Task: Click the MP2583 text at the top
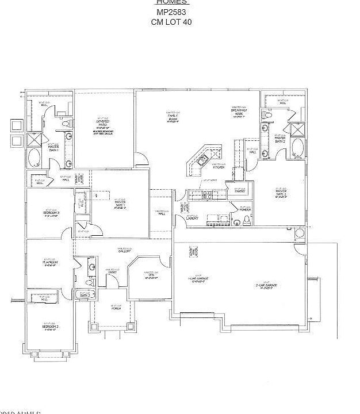(171, 12)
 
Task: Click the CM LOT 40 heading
(171, 22)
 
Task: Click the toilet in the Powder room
(247, 220)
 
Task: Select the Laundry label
(193, 218)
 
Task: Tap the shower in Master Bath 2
(297, 130)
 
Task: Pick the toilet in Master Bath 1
(64, 124)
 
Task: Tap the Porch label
(116, 309)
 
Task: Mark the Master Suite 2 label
(281, 192)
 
